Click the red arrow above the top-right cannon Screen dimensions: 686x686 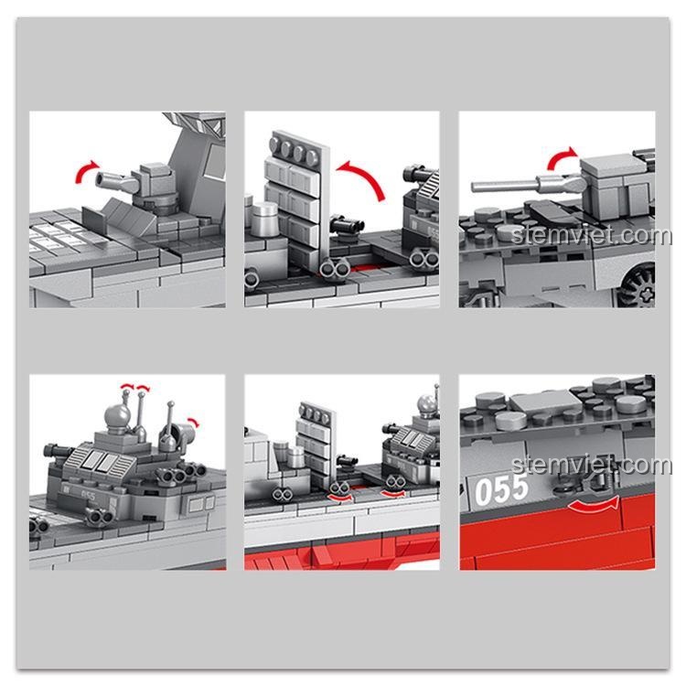point(560,156)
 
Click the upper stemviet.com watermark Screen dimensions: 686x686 point(591,235)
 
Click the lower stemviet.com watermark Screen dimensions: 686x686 point(591,465)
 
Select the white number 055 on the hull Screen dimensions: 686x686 point(501,489)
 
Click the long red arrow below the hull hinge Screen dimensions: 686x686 point(595,505)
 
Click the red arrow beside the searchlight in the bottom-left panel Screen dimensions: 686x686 point(193,423)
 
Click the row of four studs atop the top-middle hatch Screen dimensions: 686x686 point(294,151)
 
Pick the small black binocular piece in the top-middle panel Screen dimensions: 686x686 point(347,225)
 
